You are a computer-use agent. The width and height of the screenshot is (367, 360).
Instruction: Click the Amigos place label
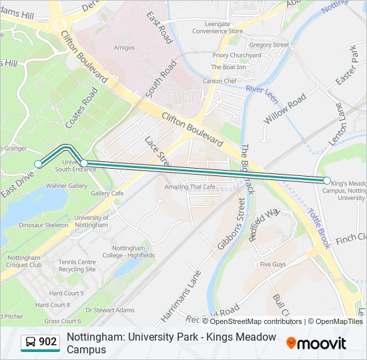point(123,48)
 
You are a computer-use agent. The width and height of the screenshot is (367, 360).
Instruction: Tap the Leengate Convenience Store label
point(218,27)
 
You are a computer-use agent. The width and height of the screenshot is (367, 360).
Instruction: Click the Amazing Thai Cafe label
point(190,187)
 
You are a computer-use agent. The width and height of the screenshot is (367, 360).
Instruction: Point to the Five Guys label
point(272,265)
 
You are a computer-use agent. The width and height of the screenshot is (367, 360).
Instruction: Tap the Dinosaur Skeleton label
point(43,225)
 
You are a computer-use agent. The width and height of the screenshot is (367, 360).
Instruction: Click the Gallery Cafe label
point(107,193)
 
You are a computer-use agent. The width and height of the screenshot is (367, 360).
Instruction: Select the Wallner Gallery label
point(67,186)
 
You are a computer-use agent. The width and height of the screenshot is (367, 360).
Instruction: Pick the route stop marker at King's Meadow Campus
point(327,181)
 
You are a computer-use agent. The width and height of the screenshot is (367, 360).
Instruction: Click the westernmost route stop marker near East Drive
point(38,163)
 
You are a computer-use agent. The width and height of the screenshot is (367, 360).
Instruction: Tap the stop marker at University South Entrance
point(84,163)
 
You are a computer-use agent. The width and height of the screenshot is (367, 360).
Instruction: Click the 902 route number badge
point(41,342)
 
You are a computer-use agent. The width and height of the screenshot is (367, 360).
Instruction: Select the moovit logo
point(316,343)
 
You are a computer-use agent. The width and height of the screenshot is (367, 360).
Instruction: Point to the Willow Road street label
point(285,109)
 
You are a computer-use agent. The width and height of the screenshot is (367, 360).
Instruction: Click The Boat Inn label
point(228,67)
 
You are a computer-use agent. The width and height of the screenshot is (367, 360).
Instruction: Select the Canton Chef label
point(220,81)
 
